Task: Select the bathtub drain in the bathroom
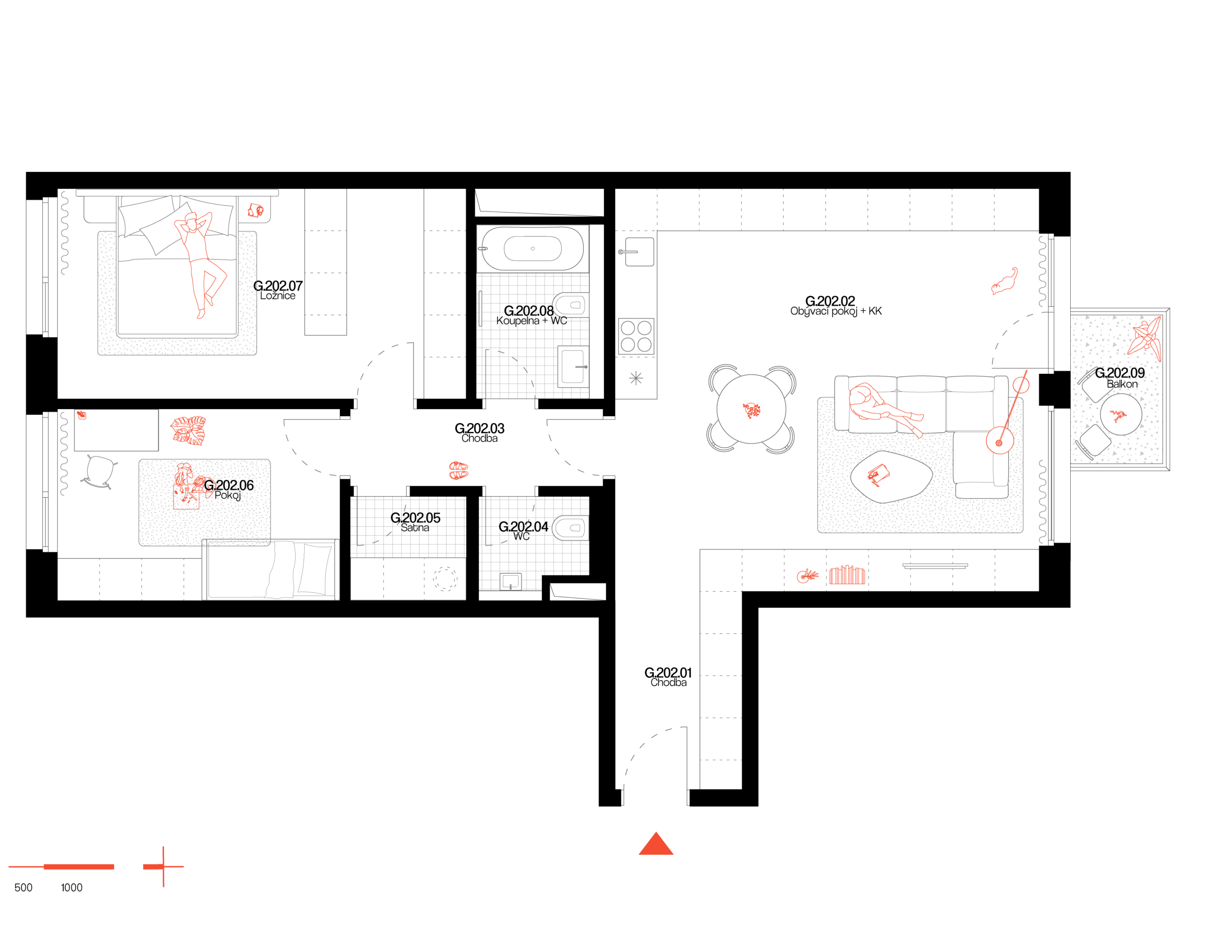(533, 249)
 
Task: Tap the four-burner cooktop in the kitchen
(636, 336)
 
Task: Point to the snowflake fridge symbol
(636, 378)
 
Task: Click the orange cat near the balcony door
(1005, 282)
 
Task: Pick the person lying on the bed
(199, 259)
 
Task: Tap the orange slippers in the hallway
(458, 470)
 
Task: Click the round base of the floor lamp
(999, 441)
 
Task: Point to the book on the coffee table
(878, 475)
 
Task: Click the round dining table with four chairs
(751, 409)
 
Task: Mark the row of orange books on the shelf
(846, 575)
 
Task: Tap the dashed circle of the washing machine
(445, 579)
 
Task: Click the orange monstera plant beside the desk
(189, 430)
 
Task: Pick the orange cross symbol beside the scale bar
(163, 867)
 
